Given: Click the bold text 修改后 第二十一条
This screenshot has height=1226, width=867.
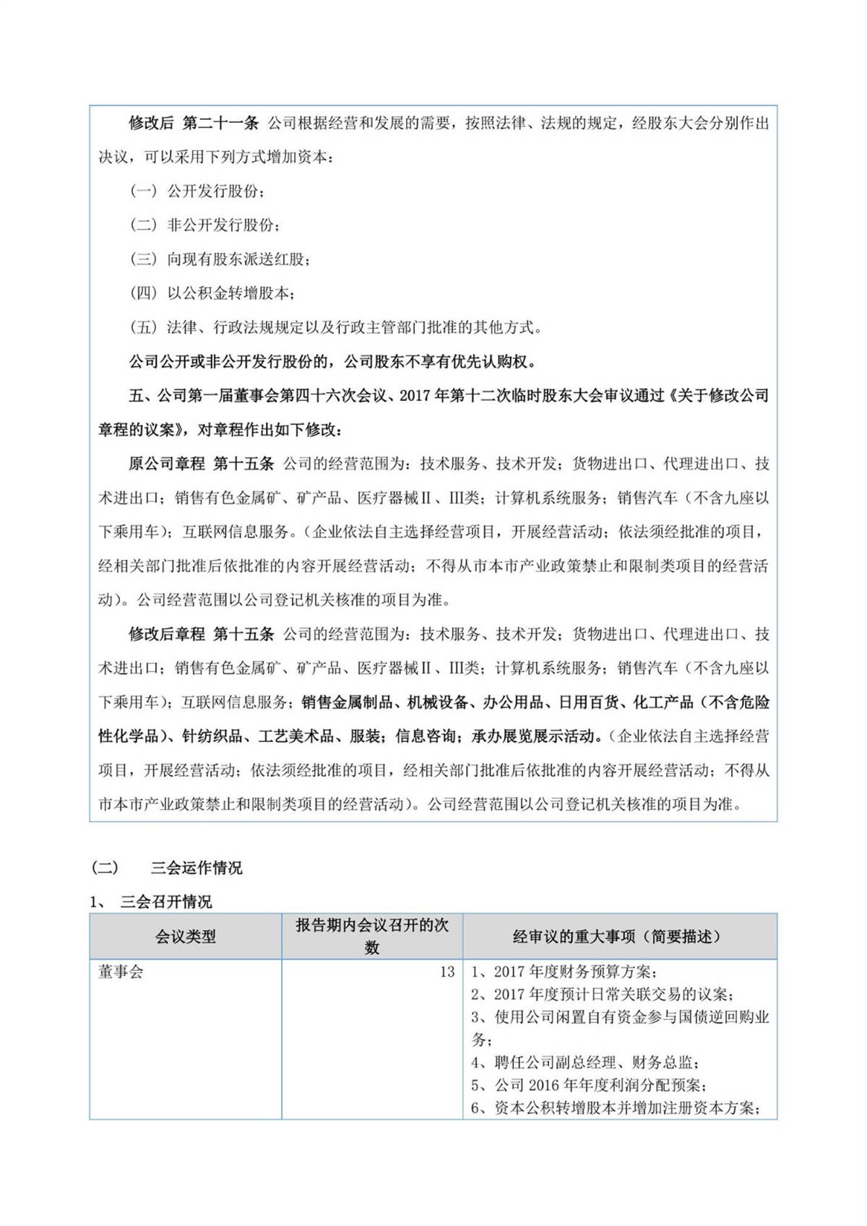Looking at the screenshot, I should coord(194,123).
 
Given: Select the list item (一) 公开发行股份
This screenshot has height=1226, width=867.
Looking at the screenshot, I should coord(197,191).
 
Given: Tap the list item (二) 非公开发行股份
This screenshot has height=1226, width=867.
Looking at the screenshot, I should coord(205,225).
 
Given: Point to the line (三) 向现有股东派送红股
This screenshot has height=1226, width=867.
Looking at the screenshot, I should coord(220,259).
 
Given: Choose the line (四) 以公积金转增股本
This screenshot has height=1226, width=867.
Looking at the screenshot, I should coord(212,293).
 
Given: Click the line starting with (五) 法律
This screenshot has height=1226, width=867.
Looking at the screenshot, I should coord(336,327).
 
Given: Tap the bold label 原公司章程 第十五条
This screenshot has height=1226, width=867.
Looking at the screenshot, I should coord(201,464).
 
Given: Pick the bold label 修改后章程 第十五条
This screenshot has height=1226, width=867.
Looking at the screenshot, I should coord(201,634).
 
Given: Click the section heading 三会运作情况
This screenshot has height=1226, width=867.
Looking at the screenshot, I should coord(196,868).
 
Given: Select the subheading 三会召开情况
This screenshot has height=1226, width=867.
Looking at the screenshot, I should coord(166,902).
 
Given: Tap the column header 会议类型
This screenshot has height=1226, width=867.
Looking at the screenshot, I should coord(186,936).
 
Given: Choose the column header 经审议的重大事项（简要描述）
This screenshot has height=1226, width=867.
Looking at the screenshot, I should coord(619,936).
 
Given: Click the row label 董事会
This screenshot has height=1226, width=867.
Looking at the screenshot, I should coord(121,972).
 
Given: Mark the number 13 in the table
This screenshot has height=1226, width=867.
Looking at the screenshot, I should coord(447,972).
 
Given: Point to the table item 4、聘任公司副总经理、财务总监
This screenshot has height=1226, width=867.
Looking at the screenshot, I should coord(585,1062).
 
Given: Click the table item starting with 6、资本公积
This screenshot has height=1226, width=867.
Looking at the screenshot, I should coord(614,1108).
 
